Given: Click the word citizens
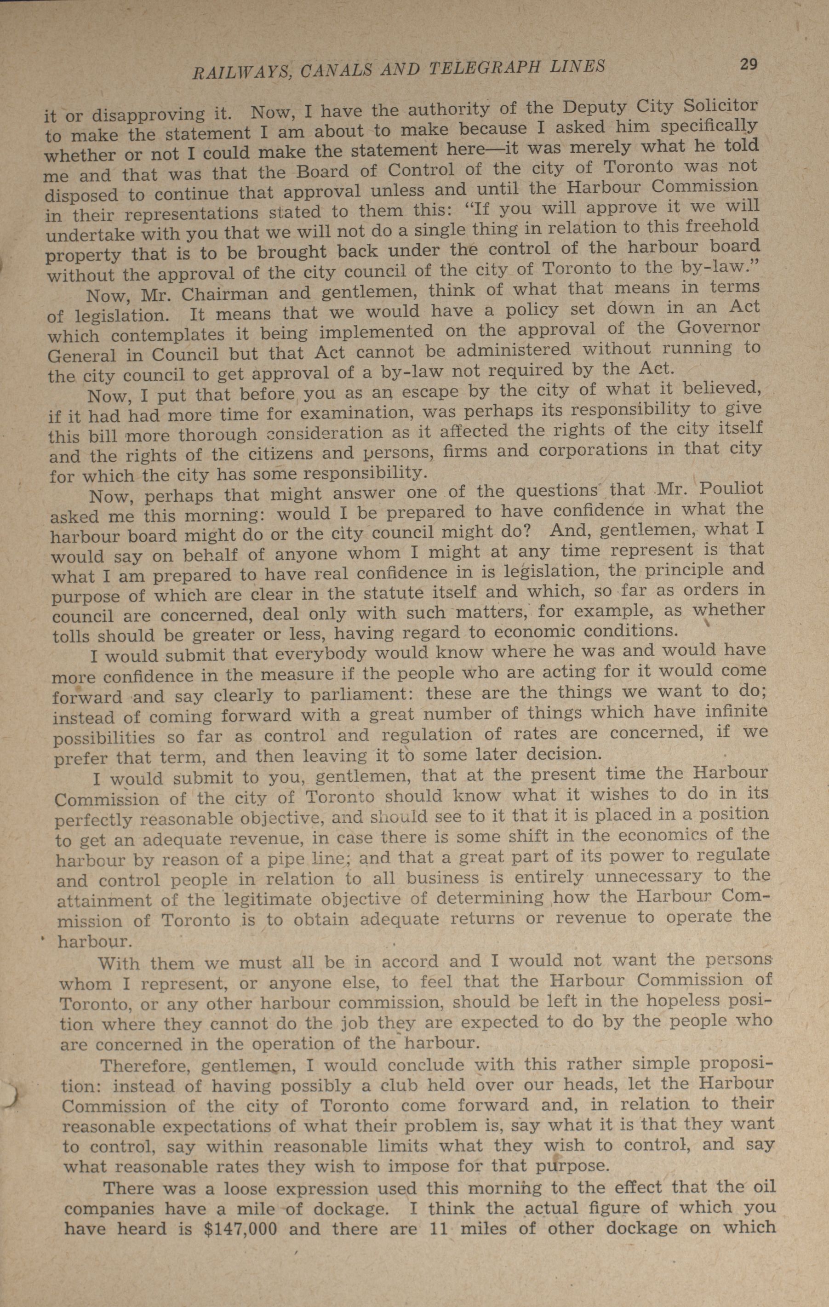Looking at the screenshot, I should point(284,452).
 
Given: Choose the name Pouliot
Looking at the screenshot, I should point(730,488).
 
